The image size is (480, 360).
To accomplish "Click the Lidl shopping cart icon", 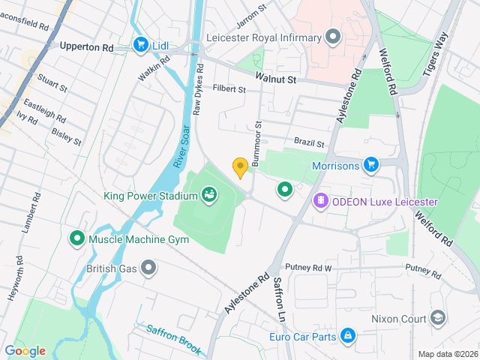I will pyautogui.click(x=140, y=46).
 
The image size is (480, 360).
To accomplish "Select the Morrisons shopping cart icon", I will pyautogui.click(x=370, y=163).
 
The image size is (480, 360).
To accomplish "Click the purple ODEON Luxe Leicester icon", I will pyautogui.click(x=320, y=201).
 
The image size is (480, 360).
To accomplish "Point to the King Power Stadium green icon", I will pyautogui.click(x=209, y=196).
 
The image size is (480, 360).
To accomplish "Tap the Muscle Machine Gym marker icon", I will pyautogui.click(x=76, y=239).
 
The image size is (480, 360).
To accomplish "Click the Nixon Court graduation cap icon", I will pyautogui.click(x=438, y=318).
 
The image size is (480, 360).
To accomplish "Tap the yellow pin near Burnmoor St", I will pyautogui.click(x=240, y=168).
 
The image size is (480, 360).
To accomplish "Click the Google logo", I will pyautogui.click(x=25, y=351).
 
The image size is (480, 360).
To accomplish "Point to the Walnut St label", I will pyautogui.click(x=276, y=78).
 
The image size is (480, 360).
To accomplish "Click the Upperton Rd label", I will pyautogui.click(x=87, y=46).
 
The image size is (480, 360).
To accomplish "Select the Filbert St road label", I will pyautogui.click(x=229, y=89).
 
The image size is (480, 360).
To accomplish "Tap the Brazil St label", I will pyautogui.click(x=309, y=142).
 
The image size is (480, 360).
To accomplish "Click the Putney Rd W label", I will pyautogui.click(x=308, y=268).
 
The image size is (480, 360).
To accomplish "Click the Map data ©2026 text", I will pyautogui.click(x=447, y=354).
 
